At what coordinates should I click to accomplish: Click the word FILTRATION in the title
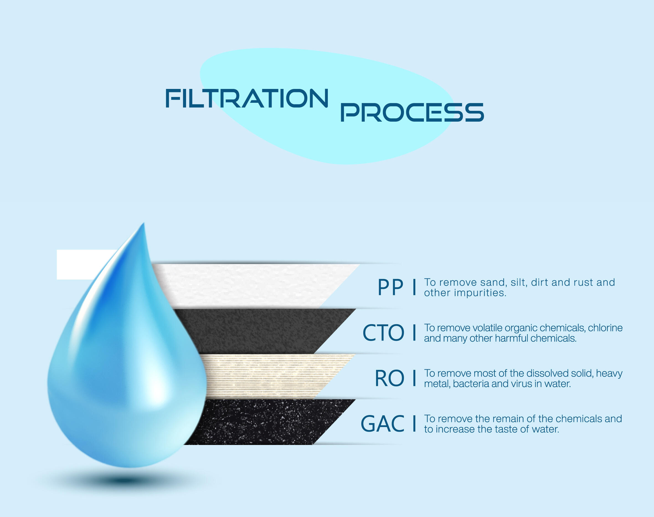[246, 98]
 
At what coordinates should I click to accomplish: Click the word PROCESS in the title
[412, 112]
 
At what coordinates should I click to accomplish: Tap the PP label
[390, 287]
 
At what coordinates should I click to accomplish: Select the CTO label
[383, 333]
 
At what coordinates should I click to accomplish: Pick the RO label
[389, 378]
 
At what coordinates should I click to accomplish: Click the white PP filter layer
[254, 286]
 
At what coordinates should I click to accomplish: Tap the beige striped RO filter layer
[272, 376]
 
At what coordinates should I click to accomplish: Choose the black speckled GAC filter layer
[266, 422]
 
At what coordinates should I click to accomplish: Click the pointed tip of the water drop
[143, 223]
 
